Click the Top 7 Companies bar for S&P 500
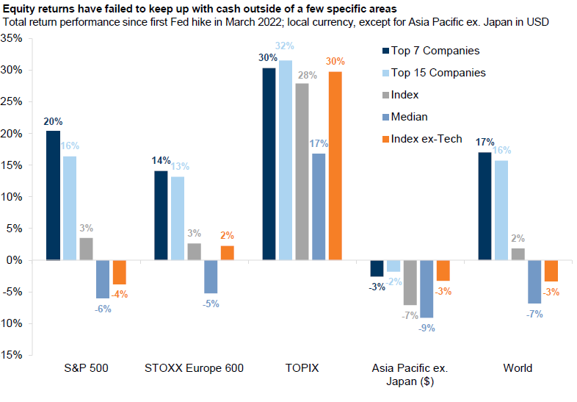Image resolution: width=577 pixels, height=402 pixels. point(52,195)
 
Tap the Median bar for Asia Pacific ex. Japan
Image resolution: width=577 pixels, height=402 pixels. point(427,289)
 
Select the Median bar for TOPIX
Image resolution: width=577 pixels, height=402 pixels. point(319,207)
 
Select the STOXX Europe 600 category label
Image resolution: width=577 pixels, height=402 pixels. point(195,368)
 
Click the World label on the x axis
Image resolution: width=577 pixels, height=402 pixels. point(518,368)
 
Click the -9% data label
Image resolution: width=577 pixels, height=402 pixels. point(427,328)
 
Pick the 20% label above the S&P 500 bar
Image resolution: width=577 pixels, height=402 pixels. point(53,121)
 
